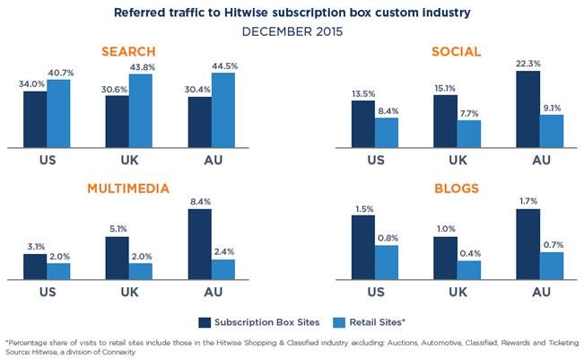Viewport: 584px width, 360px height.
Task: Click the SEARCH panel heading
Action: coord(129,53)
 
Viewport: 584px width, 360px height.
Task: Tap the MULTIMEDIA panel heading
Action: coord(129,189)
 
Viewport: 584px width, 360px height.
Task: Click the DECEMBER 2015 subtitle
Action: coord(292,30)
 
